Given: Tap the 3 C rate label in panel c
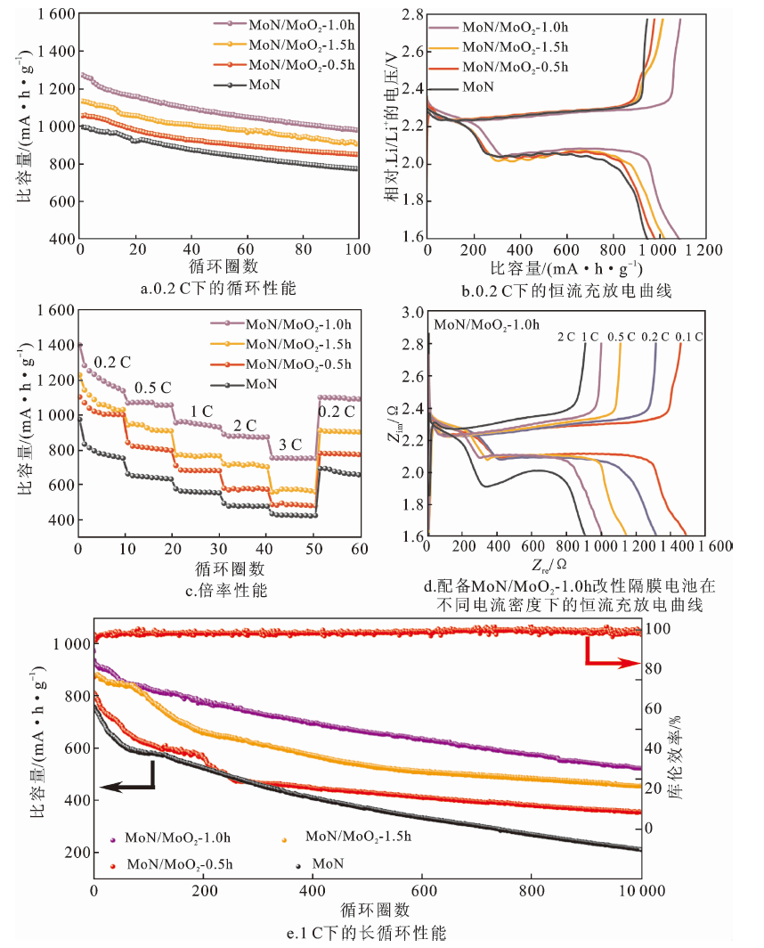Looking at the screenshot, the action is click(290, 445).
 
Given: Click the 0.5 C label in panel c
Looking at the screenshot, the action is click(152, 388).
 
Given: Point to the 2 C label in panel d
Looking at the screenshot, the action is click(566, 337).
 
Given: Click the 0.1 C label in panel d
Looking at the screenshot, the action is click(689, 337).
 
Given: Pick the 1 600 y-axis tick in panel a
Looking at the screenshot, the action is click(56, 13).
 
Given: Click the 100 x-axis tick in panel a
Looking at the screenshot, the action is click(358, 249).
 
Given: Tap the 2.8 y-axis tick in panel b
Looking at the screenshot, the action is click(413, 14).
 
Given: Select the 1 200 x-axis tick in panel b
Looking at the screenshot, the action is click(703, 249).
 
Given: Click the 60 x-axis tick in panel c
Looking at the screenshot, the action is click(360, 548).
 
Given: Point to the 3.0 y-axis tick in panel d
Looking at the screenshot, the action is click(413, 313).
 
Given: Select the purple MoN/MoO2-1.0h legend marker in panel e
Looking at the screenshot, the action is click(112, 840).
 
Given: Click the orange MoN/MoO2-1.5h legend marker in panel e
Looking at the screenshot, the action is click(284, 840).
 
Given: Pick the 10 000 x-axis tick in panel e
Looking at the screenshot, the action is click(642, 891).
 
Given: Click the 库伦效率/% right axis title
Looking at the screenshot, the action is click(675, 757).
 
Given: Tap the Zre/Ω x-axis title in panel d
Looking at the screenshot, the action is click(549, 565).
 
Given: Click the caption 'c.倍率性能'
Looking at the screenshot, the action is click(226, 590).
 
